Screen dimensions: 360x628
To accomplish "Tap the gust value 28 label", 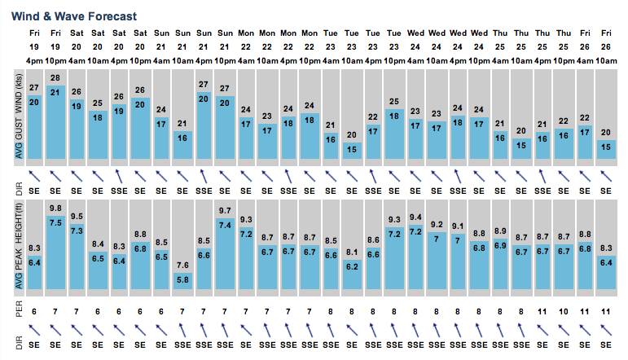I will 55,78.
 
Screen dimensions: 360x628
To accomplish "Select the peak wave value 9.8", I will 55,209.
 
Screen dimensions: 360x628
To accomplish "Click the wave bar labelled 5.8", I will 182,281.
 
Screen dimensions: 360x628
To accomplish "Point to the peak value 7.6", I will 182,265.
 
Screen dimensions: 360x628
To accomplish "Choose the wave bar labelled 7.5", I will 55,252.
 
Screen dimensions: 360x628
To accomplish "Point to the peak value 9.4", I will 415,217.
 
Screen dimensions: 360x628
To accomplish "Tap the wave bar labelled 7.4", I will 225,253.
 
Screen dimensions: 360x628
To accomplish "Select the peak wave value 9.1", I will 458,226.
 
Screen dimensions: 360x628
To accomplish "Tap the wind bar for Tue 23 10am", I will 352,151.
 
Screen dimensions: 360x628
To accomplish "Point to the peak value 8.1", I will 352,252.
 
